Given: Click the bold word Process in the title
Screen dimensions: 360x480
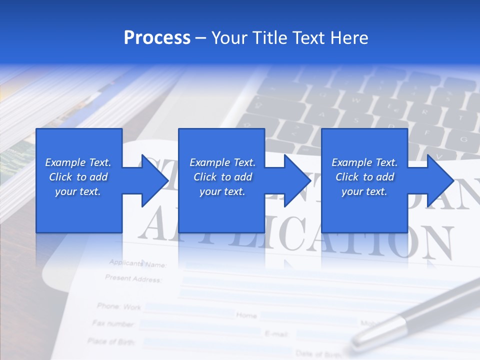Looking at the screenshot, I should point(157,38).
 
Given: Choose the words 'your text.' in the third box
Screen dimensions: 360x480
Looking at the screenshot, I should point(364,191).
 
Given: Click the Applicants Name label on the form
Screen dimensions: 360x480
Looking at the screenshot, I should point(137,263).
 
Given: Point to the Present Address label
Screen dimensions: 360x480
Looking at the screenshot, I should point(133,278).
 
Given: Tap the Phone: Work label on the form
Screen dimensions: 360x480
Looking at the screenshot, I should point(119,306).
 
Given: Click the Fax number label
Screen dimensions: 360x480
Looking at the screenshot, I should point(113,323).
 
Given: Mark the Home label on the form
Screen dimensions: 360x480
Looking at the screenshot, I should point(246,315).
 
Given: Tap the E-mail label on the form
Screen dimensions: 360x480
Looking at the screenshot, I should point(275,333).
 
